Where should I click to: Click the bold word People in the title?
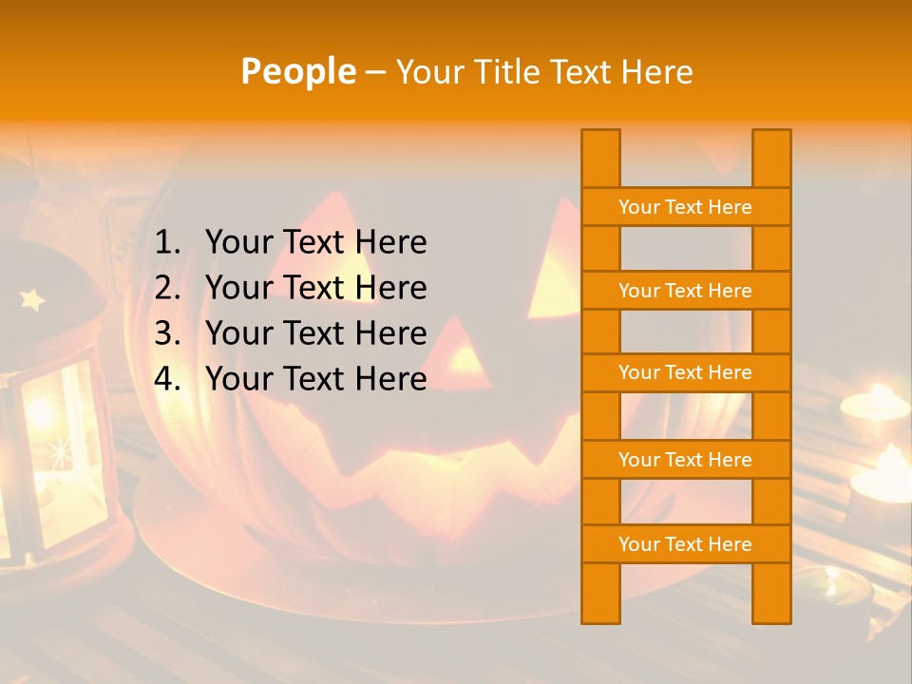tap(298, 71)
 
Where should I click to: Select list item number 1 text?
tap(315, 242)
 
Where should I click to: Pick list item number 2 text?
tap(315, 288)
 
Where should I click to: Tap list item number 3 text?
tap(315, 333)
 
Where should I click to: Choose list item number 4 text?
tap(315, 379)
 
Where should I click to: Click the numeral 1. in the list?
tap(167, 242)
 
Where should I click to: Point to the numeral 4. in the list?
tap(167, 379)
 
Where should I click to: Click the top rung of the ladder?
tap(685, 207)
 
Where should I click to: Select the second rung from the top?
tap(685, 291)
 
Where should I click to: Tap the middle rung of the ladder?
tap(685, 372)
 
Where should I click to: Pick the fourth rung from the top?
tap(685, 460)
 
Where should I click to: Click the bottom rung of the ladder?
tap(685, 544)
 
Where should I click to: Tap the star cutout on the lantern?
tap(32, 300)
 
